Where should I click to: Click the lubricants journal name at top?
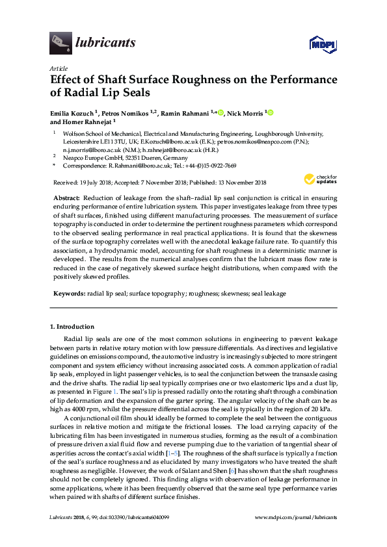pyautogui.click(x=105, y=43)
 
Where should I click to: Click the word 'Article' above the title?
pyautogui.click(x=59, y=68)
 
